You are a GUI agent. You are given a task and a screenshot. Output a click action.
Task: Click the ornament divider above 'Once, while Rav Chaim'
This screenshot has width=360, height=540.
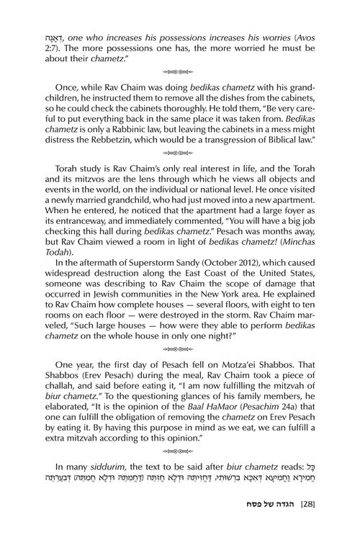tap(180, 73)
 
